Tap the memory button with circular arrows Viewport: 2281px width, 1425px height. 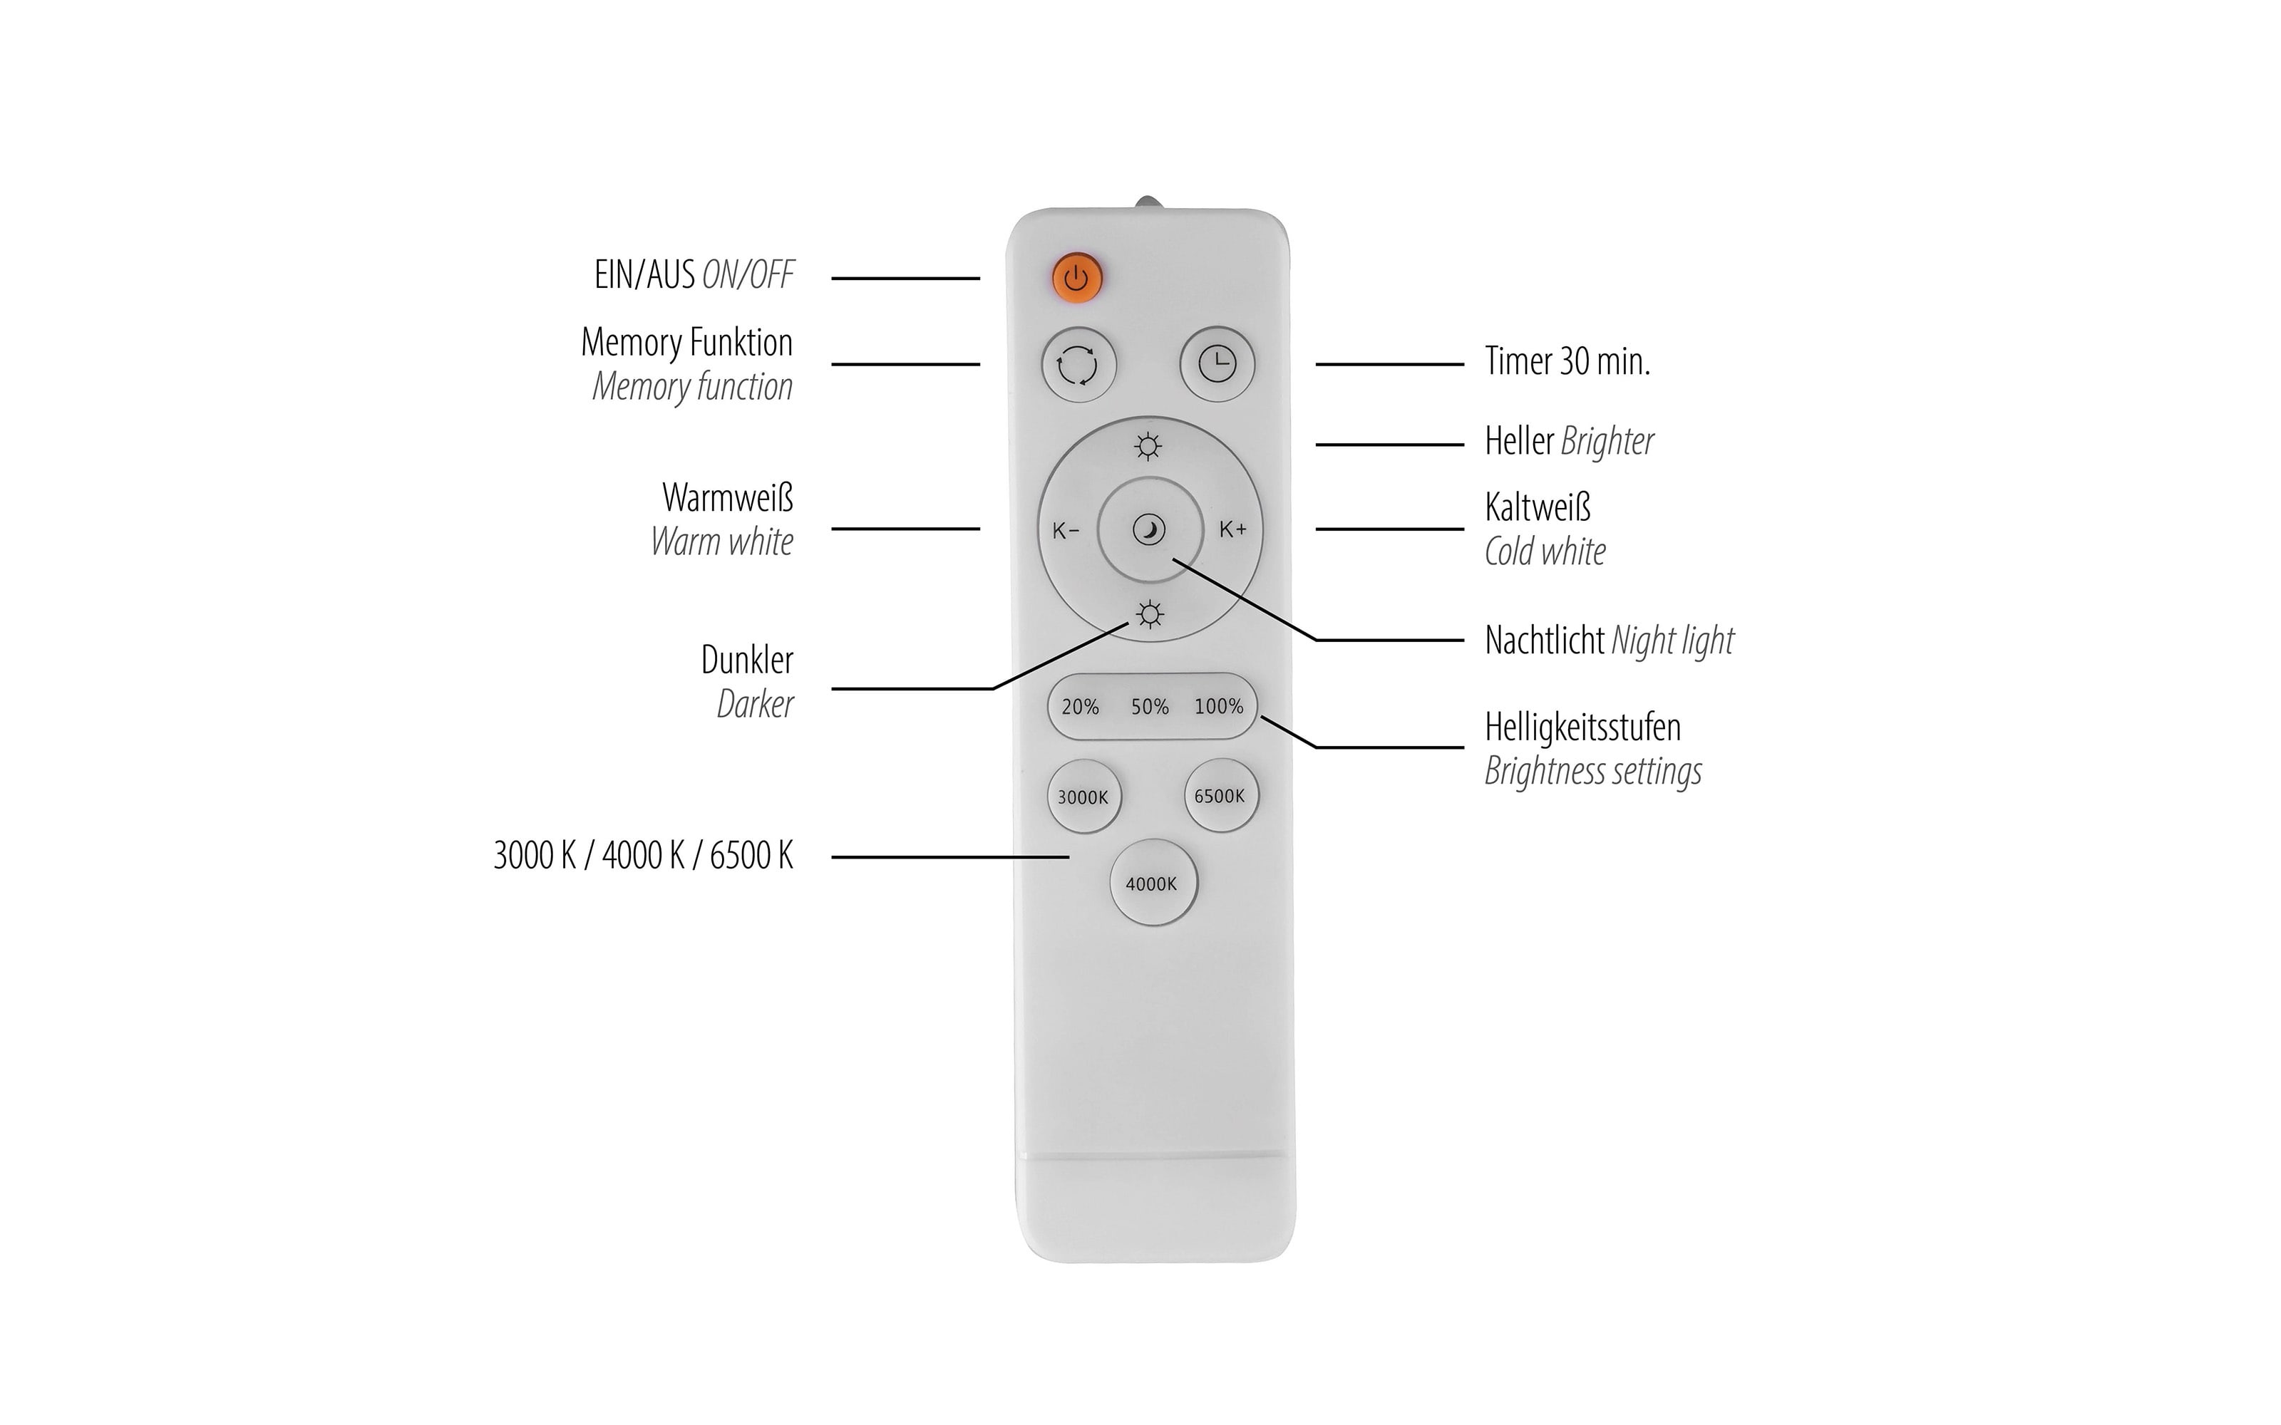point(1078,365)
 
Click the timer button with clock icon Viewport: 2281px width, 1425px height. point(1217,364)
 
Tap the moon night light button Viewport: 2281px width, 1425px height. point(1150,529)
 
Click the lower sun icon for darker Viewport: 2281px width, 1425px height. point(1149,614)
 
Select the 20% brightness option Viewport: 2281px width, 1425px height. point(1080,707)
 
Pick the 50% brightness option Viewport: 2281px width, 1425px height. point(1150,707)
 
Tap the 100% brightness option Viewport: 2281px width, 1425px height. point(1219,706)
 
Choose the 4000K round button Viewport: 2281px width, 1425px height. point(1152,883)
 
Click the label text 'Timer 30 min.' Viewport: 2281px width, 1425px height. point(1567,361)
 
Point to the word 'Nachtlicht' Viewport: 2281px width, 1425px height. point(1544,640)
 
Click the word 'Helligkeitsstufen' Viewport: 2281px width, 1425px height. point(1582,727)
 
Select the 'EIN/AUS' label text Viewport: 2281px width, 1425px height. point(644,274)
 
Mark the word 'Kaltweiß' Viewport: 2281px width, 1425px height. point(1538,507)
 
